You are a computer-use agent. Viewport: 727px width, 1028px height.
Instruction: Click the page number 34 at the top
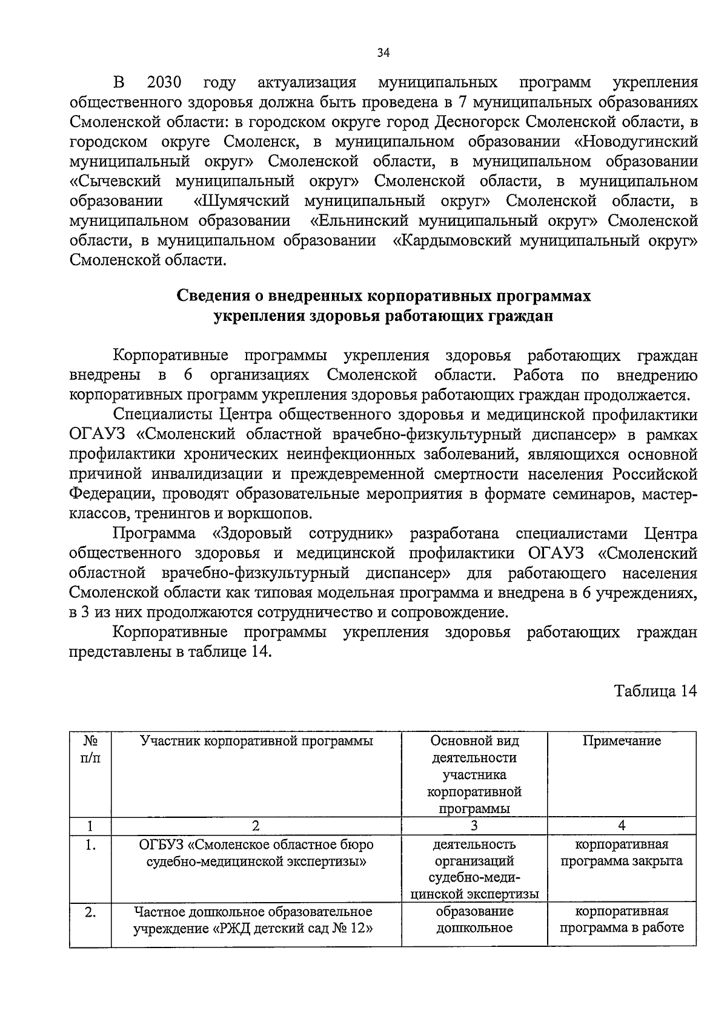[383, 53]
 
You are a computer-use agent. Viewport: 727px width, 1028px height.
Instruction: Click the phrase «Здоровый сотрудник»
[303, 533]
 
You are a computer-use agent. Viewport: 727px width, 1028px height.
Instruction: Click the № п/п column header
[90, 750]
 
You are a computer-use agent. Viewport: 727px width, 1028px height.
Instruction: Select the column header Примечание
[622, 741]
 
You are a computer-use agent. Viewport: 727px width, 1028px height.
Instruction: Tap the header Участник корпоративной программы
[256, 741]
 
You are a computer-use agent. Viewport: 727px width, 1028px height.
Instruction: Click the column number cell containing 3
[474, 826]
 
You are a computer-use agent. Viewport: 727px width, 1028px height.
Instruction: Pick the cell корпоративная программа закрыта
[622, 852]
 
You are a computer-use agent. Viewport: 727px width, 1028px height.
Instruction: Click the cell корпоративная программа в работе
[622, 919]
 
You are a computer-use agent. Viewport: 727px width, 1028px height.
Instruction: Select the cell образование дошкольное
[474, 919]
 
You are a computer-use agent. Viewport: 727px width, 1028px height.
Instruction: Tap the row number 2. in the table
[90, 912]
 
